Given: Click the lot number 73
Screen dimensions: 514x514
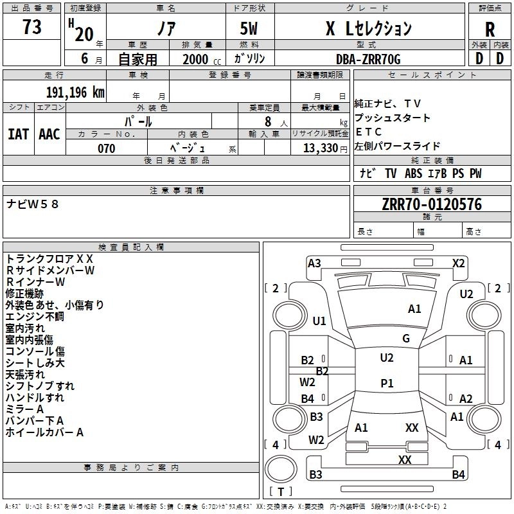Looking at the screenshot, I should (x=31, y=28).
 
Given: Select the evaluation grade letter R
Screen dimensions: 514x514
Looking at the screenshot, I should (x=490, y=30).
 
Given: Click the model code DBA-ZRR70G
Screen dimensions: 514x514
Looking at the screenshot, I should (x=368, y=58).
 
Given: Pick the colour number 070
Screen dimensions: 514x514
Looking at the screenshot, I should (x=106, y=148).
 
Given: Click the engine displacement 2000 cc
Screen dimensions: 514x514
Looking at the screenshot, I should (x=197, y=59).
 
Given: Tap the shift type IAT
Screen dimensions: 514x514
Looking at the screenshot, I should (x=18, y=134).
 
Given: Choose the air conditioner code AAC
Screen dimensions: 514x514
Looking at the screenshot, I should (x=49, y=134).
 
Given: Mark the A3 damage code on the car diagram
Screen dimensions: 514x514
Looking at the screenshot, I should (x=314, y=263).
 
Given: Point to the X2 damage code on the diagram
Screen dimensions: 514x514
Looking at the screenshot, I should (x=458, y=263).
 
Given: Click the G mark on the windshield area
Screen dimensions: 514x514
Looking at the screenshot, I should (x=405, y=339).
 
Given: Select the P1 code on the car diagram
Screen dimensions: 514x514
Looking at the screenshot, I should (x=387, y=383).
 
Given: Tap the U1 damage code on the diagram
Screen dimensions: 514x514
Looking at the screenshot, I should (x=319, y=321).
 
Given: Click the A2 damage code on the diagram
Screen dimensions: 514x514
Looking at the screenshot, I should (x=466, y=398).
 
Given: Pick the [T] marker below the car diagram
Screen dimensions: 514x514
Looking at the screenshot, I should (x=281, y=492).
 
